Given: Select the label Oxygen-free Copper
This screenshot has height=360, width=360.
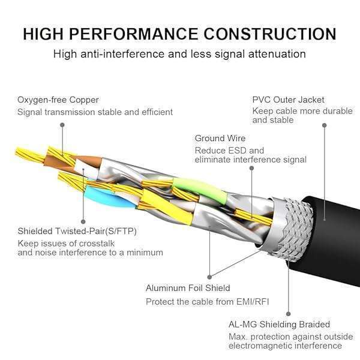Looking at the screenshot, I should click(x=58, y=100).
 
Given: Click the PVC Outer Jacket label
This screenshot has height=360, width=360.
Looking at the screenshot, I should click(x=288, y=100).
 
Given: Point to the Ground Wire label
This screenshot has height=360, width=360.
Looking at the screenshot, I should click(x=220, y=139).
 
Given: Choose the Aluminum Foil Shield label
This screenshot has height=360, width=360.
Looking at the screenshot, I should click(x=188, y=288).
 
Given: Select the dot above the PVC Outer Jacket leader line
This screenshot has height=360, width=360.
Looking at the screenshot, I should click(x=325, y=125).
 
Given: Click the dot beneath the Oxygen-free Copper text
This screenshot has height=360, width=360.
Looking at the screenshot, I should click(x=62, y=125).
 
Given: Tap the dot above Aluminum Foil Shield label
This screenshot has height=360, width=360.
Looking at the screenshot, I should click(x=209, y=277).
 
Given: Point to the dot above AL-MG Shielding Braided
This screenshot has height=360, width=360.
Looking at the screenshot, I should click(x=287, y=313).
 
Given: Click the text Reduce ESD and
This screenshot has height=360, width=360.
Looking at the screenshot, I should click(x=220, y=151).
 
